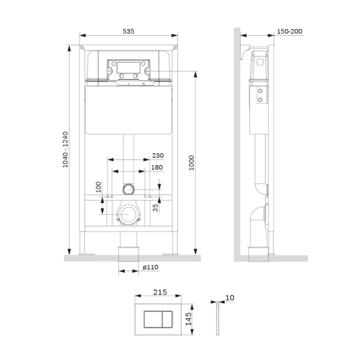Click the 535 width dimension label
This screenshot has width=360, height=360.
click(128, 31)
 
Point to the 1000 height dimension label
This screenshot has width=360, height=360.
click(192, 163)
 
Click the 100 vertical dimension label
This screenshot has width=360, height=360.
click(97, 186)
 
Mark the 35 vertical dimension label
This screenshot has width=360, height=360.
click(156, 209)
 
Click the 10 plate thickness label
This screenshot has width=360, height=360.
click(230, 298)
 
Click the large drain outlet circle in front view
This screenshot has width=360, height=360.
click(128, 215)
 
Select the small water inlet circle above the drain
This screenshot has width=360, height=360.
click(128, 187)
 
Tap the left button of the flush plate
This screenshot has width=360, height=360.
click(153, 319)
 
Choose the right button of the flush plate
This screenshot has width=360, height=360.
click(168, 319)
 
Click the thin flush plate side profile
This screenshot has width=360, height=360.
click(218, 319)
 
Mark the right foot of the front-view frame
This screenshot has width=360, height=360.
click(171, 252)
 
